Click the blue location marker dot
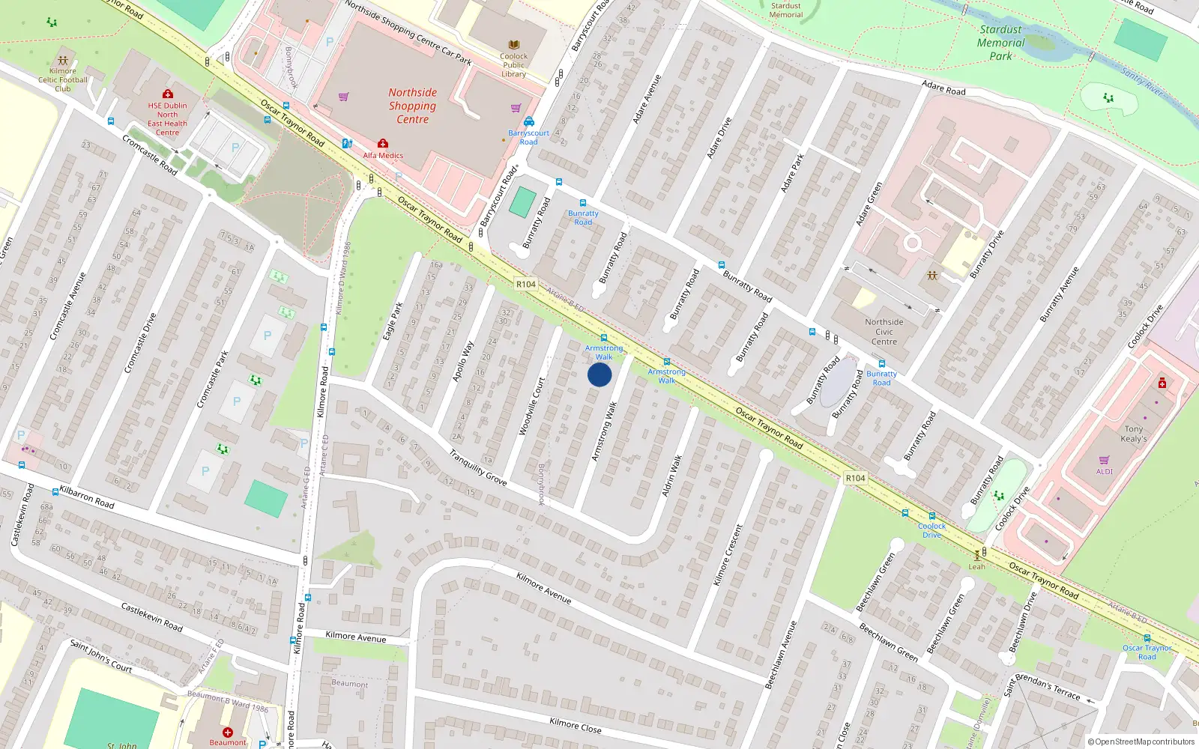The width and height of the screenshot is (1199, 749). (599, 374)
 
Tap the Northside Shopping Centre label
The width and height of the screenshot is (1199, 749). (412, 106)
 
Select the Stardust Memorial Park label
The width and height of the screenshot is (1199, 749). (1000, 43)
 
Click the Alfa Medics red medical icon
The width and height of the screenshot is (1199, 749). (383, 143)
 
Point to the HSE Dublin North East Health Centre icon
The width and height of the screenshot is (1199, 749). (167, 94)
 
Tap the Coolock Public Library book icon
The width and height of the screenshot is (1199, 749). (514, 45)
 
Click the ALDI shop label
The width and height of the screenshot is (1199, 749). (1105, 471)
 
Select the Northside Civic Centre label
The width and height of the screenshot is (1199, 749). (884, 332)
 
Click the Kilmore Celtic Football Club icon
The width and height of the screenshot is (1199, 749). (63, 61)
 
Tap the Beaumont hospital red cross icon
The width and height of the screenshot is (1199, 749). (228, 732)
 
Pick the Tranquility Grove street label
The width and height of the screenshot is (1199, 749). (477, 467)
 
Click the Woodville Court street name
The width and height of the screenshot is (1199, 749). (532, 406)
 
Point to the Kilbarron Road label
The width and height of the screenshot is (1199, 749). (87, 497)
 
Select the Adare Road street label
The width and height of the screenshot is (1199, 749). (943, 88)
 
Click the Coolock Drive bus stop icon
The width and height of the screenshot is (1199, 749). (932, 516)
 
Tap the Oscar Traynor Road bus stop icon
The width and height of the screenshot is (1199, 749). (1147, 639)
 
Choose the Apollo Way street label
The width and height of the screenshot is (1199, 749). (463, 362)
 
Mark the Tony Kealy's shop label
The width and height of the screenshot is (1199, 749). (1134, 434)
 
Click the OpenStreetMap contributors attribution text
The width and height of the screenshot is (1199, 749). (1144, 742)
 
